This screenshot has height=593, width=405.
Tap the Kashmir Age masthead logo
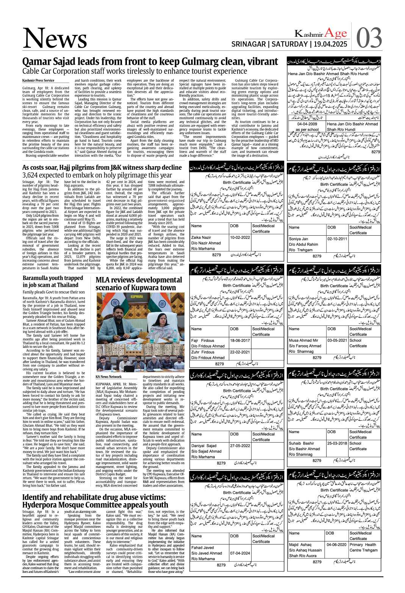321,33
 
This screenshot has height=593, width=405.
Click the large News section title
55,39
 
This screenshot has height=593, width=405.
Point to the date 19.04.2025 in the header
329,44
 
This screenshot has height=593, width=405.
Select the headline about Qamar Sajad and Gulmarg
150,62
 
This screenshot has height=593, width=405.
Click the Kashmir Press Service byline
38,80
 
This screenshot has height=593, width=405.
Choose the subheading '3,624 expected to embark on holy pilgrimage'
97,175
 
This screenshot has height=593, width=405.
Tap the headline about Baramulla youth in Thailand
53,281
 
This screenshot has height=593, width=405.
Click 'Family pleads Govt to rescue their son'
53,292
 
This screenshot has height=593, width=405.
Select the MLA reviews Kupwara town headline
136,283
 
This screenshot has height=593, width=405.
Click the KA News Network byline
109,377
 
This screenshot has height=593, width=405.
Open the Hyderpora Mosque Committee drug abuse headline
95,501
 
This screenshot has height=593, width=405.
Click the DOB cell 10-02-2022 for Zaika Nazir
240,238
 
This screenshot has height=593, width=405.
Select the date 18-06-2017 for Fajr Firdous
240,340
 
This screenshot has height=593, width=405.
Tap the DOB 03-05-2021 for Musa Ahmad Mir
337,340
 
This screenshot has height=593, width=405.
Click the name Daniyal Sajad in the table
204,446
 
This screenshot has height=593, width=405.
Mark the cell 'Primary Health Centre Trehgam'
363,547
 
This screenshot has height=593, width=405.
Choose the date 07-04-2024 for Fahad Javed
240,553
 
